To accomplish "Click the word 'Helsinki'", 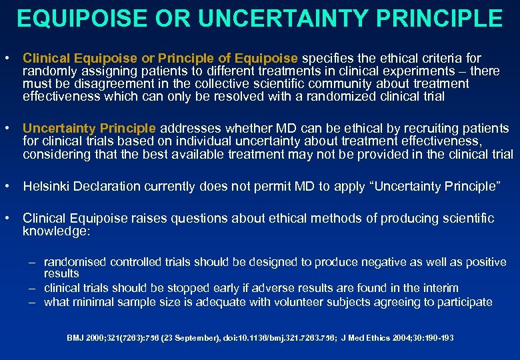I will click(x=44, y=186).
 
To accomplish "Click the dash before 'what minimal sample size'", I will click(x=32, y=303).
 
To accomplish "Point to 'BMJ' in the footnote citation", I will click(x=75, y=338).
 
